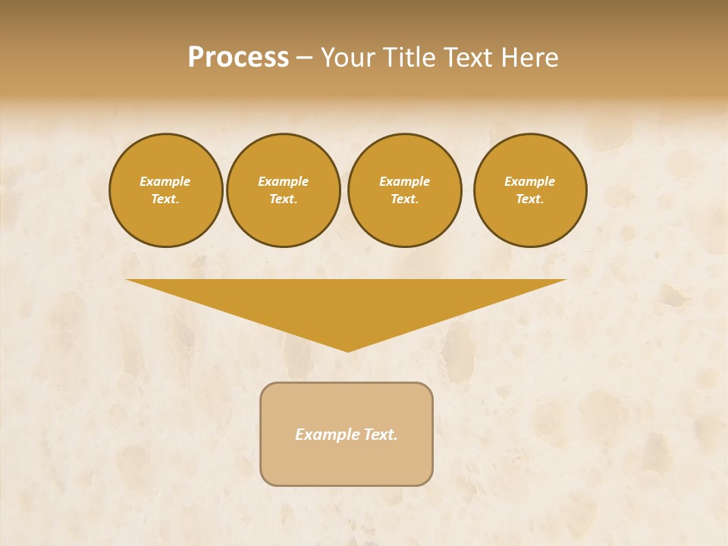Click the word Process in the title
[x=238, y=58]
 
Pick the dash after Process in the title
[x=304, y=58]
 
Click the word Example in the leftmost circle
[x=165, y=181]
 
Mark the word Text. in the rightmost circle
[x=530, y=199]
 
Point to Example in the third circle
[x=405, y=181]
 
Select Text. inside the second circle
[x=284, y=199]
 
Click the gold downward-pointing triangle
[x=347, y=303]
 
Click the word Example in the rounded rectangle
[x=327, y=435]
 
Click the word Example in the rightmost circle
[x=530, y=181]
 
